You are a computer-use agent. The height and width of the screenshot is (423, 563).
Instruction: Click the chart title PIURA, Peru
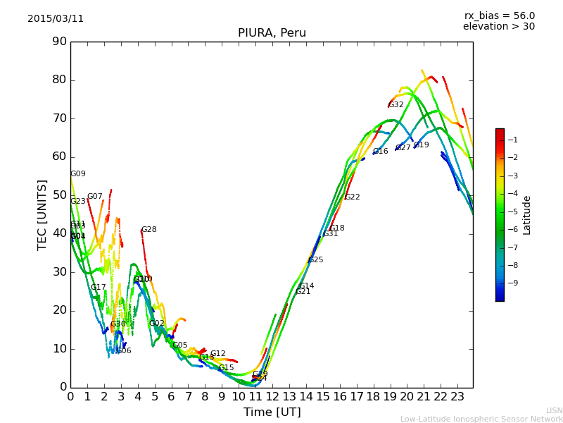click(272, 33)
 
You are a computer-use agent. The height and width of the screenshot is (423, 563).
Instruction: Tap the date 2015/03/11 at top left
click(56, 18)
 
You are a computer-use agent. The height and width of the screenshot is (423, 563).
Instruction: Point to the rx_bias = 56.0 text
click(499, 16)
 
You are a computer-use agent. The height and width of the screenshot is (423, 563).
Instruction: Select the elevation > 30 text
click(499, 27)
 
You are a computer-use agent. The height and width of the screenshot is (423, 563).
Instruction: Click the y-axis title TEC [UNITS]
click(42, 214)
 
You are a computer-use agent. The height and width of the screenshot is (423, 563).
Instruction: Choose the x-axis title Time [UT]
click(272, 412)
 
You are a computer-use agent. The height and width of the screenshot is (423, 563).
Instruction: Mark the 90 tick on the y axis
click(59, 42)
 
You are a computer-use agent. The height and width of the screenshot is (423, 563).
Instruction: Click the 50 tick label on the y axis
click(59, 195)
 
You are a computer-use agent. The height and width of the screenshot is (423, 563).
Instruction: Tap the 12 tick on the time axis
click(272, 396)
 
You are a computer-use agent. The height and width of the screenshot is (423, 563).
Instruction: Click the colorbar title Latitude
click(526, 215)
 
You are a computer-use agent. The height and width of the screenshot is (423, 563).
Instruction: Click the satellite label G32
click(396, 105)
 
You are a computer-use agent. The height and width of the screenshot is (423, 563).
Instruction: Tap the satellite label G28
click(149, 230)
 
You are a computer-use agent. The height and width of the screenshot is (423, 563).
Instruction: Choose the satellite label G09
click(78, 174)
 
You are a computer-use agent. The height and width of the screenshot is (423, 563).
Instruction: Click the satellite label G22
click(353, 197)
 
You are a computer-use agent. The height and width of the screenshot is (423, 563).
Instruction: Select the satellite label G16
click(381, 152)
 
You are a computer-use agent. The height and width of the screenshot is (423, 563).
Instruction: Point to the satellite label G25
click(316, 260)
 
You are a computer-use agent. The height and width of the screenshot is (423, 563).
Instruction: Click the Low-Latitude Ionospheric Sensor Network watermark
click(481, 419)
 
